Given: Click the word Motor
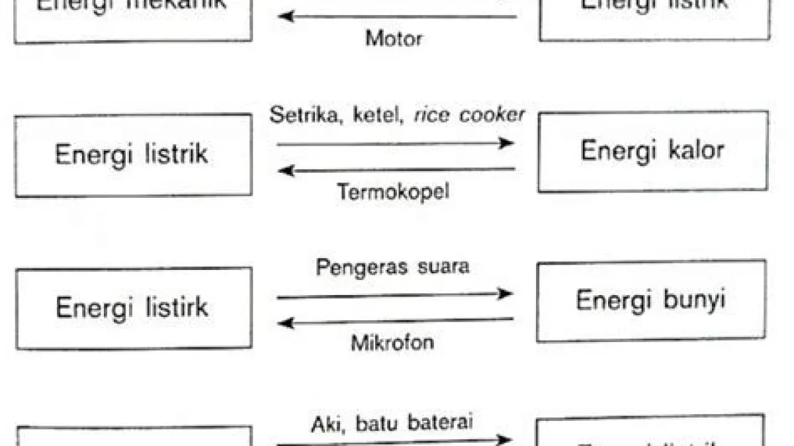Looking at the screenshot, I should click(394, 38).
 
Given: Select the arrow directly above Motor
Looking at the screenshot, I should click(397, 16).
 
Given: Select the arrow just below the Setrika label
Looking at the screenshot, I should click(395, 143).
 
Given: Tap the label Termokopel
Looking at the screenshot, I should click(393, 192).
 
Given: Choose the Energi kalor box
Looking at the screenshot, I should click(653, 152).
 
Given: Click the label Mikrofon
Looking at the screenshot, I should click(393, 343).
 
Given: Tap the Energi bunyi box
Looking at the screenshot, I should click(651, 301).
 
